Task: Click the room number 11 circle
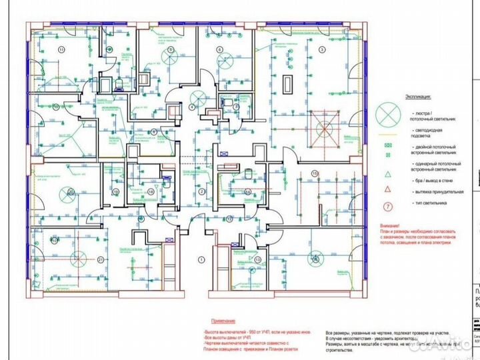(61, 50)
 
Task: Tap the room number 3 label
(322, 49)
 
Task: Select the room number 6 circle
(219, 50)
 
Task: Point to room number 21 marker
(101, 259)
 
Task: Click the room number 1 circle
(199, 258)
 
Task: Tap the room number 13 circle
(257, 260)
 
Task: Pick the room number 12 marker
(229, 218)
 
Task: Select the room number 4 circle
(192, 107)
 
